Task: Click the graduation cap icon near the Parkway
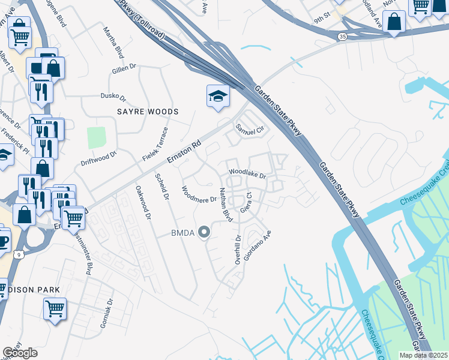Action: coord(218,96)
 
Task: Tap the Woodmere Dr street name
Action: coord(199,196)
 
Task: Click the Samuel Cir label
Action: coord(250,128)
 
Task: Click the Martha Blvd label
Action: coord(113,42)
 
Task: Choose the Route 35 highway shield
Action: coord(342,37)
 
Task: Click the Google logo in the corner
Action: coord(20,353)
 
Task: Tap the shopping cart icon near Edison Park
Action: coord(55,308)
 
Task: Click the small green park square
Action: coord(96,137)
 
